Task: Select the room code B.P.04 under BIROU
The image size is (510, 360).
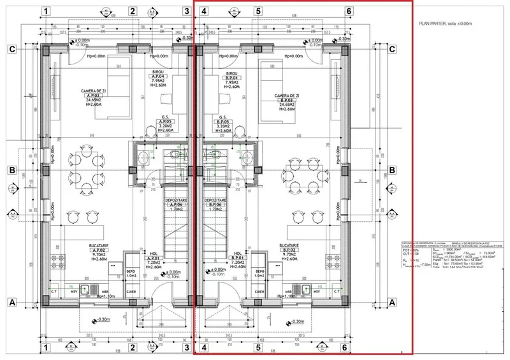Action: (232, 76)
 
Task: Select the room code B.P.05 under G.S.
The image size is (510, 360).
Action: (223, 122)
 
